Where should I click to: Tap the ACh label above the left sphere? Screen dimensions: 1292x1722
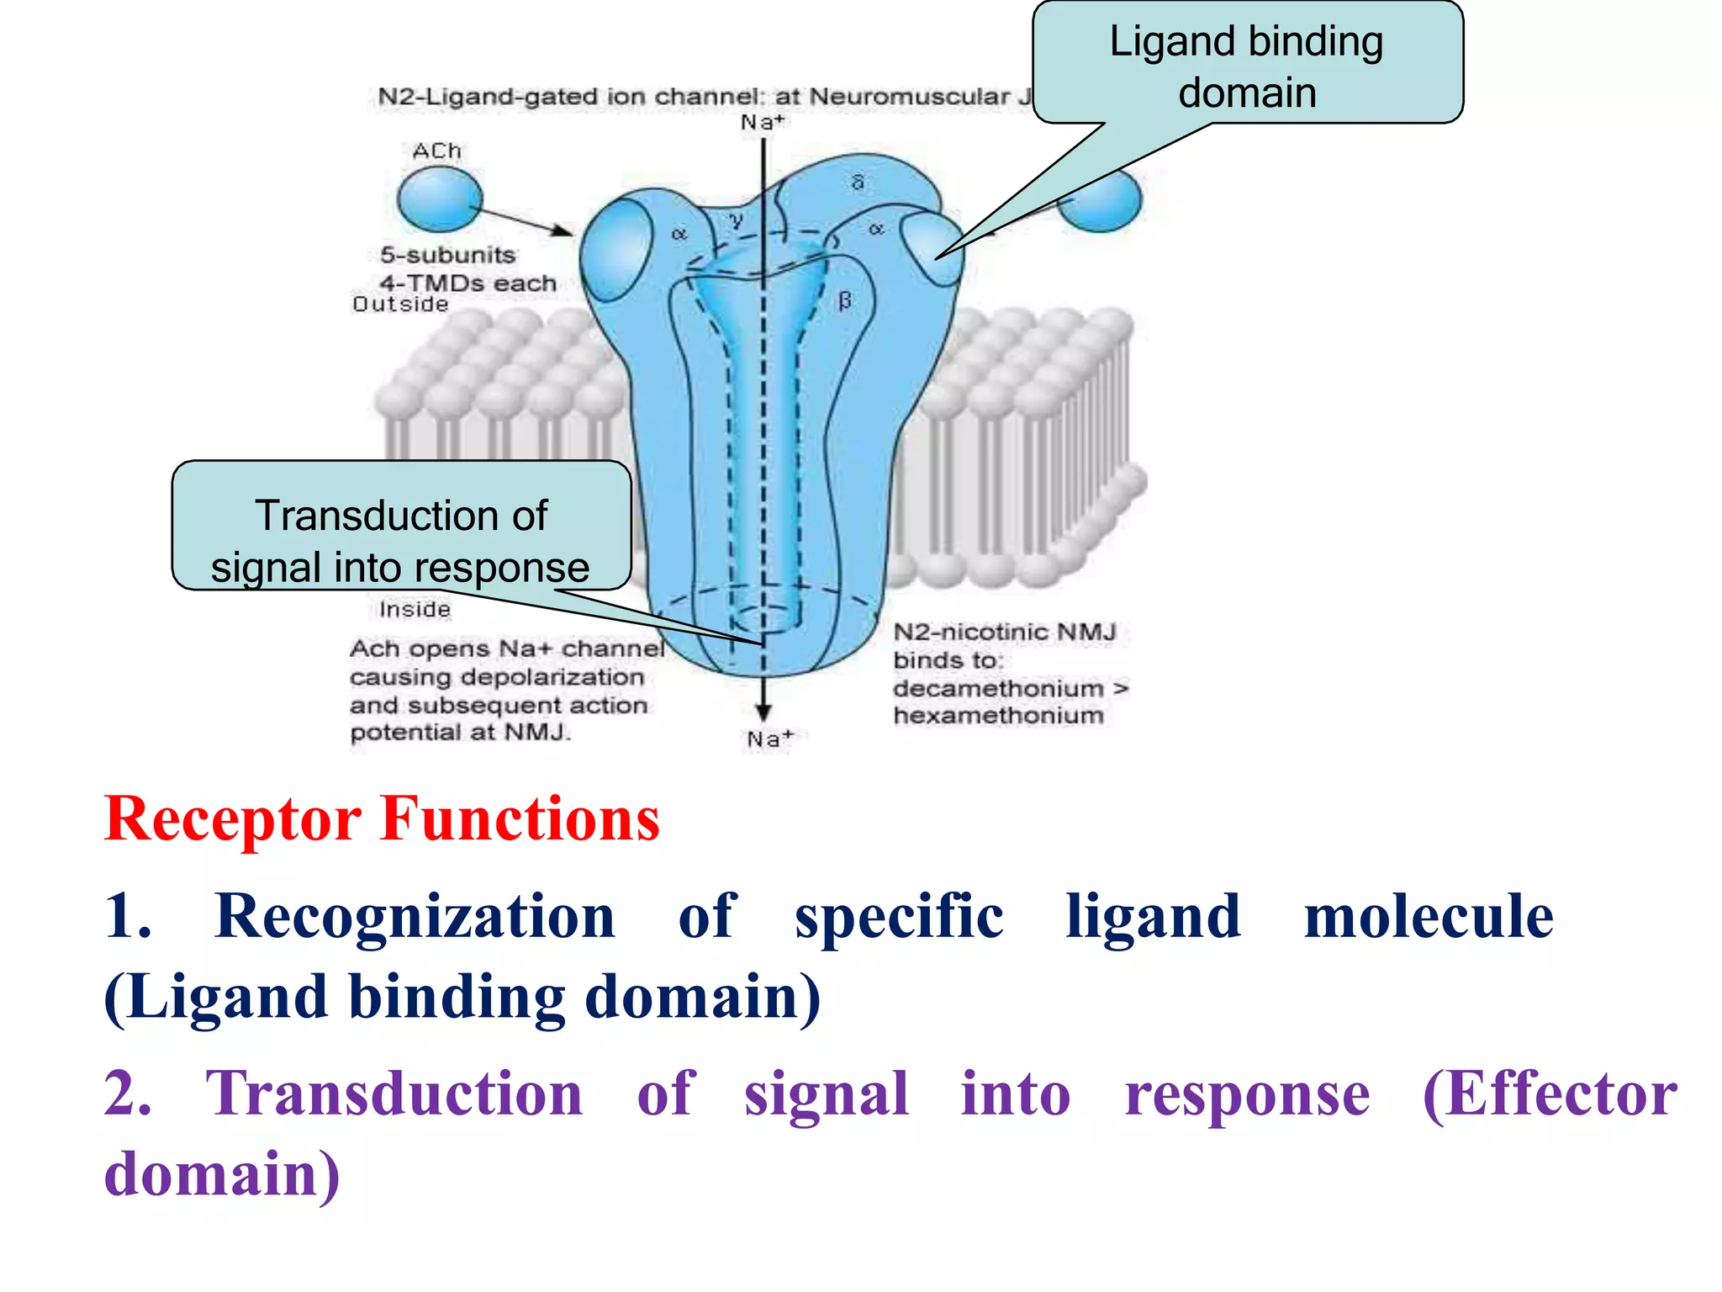[x=437, y=151]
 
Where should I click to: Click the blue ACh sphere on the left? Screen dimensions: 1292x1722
[x=440, y=199]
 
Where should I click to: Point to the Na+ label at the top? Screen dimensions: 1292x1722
[x=762, y=123]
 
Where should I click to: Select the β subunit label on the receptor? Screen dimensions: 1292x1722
[x=845, y=301]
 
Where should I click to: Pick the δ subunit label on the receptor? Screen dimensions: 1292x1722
[x=858, y=183]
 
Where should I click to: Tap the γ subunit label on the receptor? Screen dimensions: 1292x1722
[x=737, y=220]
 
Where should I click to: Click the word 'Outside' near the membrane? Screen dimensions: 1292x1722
[x=400, y=304]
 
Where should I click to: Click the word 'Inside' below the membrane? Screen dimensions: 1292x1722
[x=415, y=609]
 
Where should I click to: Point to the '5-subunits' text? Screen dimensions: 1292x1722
[x=447, y=255]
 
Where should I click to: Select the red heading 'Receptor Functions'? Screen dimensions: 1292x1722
[x=383, y=818]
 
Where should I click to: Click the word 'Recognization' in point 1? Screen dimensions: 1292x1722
[x=415, y=916]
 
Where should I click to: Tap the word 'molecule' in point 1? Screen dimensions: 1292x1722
[x=1428, y=916]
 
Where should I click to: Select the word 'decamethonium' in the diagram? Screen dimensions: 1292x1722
[x=998, y=689]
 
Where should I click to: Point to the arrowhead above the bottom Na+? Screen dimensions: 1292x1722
[x=763, y=712]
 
